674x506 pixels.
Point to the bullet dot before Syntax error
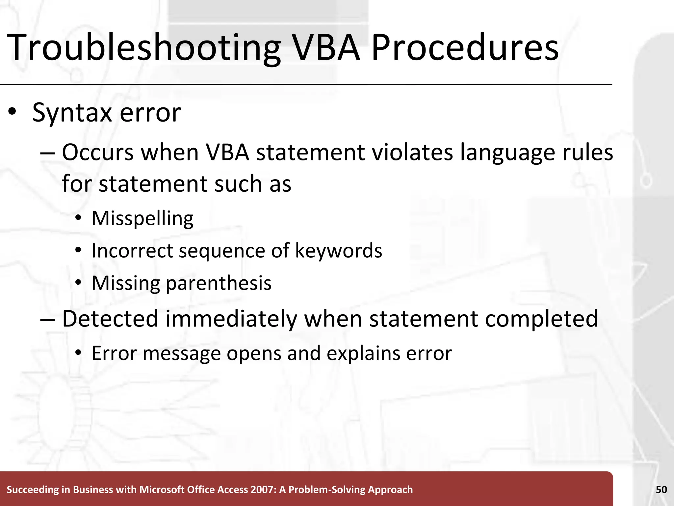12,112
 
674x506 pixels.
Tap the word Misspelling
143,219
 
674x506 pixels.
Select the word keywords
339,251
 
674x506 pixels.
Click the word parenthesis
219,284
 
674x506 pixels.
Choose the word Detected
110,319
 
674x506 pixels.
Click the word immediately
231,319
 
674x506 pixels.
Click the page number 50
661,490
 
